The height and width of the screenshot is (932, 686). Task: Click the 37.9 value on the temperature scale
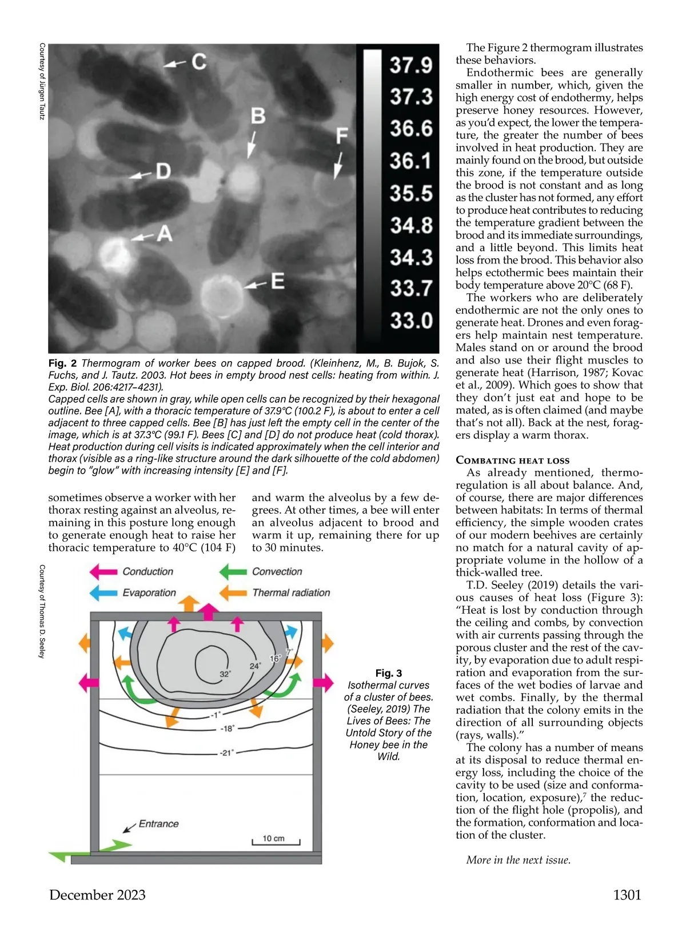(410, 65)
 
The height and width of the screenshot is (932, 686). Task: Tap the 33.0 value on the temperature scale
(410, 321)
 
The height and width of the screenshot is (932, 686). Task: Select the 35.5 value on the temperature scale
(410, 193)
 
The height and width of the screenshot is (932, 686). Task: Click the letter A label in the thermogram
(165, 233)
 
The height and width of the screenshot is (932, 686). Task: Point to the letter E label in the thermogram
(277, 281)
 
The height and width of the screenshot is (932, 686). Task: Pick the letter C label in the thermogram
(199, 62)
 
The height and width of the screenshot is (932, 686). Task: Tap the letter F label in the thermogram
(341, 136)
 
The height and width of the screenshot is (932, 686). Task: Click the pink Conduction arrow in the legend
(103, 571)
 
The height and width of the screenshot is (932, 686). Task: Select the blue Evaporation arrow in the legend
(103, 593)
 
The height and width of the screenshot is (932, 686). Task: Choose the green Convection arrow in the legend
(233, 571)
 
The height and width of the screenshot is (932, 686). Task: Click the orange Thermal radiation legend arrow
(233, 593)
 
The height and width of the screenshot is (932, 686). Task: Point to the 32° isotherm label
(225, 674)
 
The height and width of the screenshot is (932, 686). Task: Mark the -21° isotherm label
(227, 753)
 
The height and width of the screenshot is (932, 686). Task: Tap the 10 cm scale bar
(276, 841)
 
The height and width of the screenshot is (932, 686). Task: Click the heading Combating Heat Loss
(512, 460)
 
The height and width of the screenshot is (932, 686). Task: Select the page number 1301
(627, 895)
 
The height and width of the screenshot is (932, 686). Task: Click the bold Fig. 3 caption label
(389, 673)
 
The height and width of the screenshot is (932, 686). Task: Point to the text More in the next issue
(518, 860)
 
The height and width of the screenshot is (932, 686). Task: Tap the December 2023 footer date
(97, 895)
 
